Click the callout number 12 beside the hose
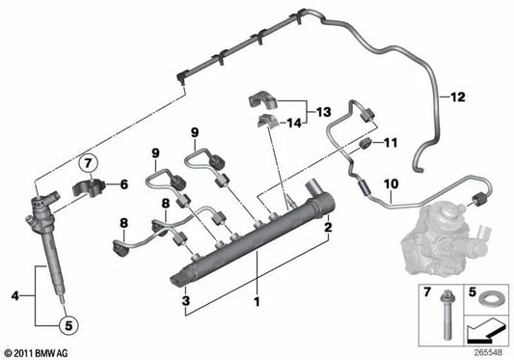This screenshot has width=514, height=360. tap(458, 97)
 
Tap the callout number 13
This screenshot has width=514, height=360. tap(324, 112)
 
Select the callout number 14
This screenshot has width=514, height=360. tap(294, 124)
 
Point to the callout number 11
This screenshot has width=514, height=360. tap(391, 143)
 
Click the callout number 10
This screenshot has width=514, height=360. tap(392, 184)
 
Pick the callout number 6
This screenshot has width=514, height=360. tap(123, 184)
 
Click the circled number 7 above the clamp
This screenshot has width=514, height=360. tap(88, 163)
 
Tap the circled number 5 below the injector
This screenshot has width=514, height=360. tap(68, 325)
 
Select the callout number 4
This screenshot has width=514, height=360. tap(15, 296)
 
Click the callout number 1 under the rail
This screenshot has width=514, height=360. tap(257, 302)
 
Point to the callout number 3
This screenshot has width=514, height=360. tap(186, 300)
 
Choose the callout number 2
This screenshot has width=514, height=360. tap(328, 227)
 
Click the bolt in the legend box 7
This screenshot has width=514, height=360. tap(446, 315)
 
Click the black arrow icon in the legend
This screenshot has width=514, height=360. tap(483, 333)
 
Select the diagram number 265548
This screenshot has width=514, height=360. tap(488, 353)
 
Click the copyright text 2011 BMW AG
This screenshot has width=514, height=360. tap(37, 353)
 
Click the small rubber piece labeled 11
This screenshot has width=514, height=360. tap(365, 144)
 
